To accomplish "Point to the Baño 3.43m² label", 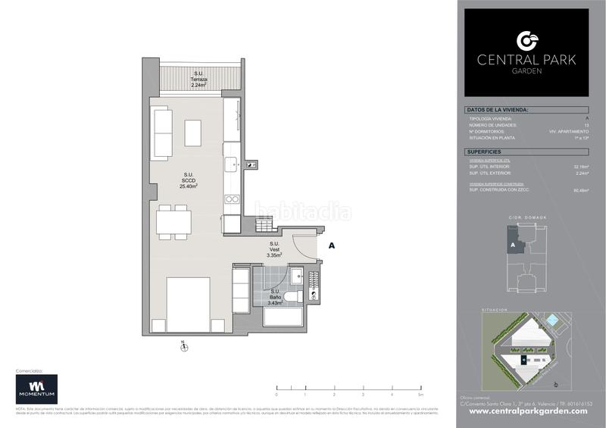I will (x=275, y=297).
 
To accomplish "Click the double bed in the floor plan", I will (x=188, y=305).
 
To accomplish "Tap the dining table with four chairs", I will (x=173, y=222).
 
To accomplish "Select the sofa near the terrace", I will (x=162, y=133).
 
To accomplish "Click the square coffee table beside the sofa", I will (x=193, y=133).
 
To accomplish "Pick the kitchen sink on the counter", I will (x=231, y=164).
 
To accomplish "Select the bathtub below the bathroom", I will (x=283, y=315).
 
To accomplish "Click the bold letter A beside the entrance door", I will (x=331, y=245).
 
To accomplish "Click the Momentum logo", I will (x=36, y=389).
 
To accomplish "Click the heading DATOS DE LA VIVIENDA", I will (x=496, y=111).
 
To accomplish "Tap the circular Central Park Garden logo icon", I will (x=526, y=40).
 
